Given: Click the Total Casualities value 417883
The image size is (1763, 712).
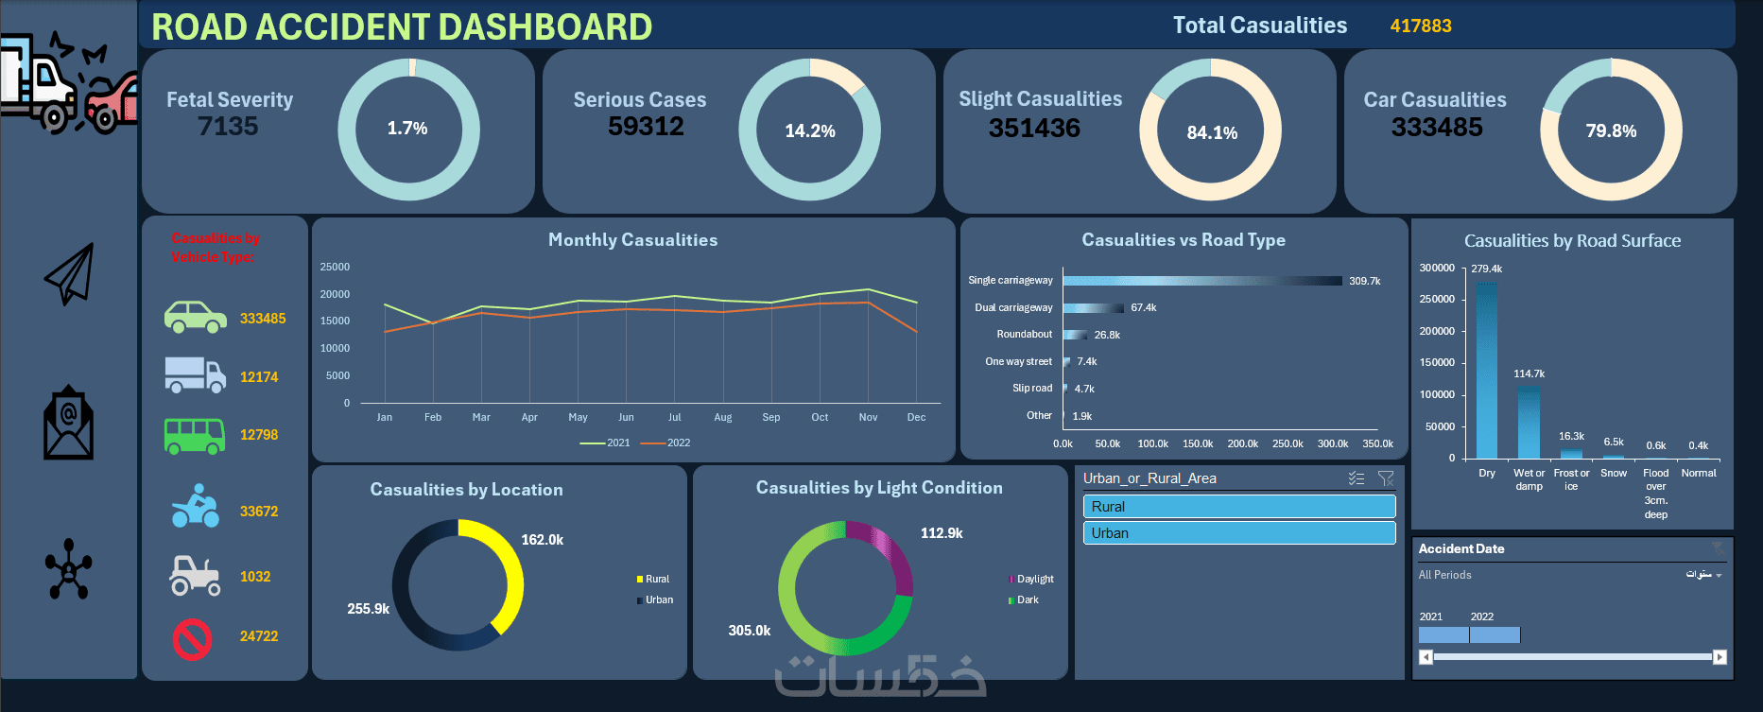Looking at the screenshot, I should point(1420,26).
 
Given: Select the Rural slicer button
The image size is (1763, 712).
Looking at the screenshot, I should point(1238,507).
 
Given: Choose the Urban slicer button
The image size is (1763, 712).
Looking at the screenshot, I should point(1238,533).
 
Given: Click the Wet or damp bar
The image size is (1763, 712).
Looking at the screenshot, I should point(1529,422).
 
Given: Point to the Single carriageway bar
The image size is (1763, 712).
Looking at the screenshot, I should point(1201,281).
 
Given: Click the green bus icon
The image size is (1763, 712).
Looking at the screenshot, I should point(195,436).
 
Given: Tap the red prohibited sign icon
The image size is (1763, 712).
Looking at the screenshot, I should point(192,639).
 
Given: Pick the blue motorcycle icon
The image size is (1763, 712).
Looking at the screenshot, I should point(195,507).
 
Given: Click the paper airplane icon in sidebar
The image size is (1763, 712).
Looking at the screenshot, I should point(70,274).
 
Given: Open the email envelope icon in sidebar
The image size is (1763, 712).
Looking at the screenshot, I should point(69,423).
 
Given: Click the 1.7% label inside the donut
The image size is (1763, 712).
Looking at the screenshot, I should point(407,129).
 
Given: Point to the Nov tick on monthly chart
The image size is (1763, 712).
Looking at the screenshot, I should point(868,417).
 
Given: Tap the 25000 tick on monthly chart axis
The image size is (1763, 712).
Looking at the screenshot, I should point(335,268).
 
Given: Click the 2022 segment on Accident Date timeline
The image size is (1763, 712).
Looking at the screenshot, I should point(1495,634).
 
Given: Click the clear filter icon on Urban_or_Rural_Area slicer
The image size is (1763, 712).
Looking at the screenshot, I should point(1386,478).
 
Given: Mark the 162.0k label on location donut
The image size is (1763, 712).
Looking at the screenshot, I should point(542,540).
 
